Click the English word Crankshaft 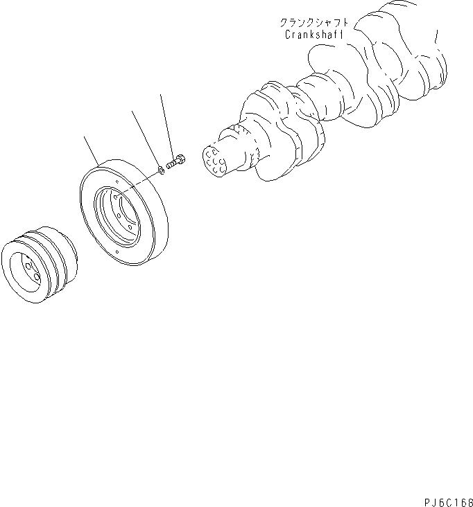point(313,34)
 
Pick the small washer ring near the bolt point(161,168)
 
